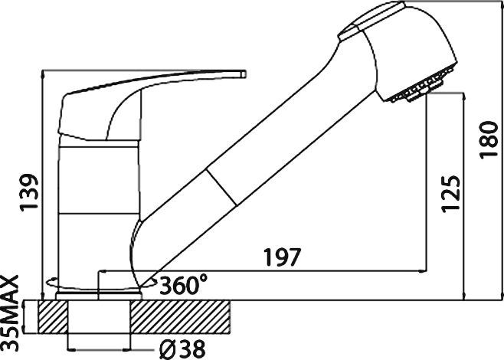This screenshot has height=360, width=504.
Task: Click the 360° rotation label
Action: (x=183, y=285)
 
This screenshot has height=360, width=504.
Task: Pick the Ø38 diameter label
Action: (x=182, y=349)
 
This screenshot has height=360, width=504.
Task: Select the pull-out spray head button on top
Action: (x=360, y=23)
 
